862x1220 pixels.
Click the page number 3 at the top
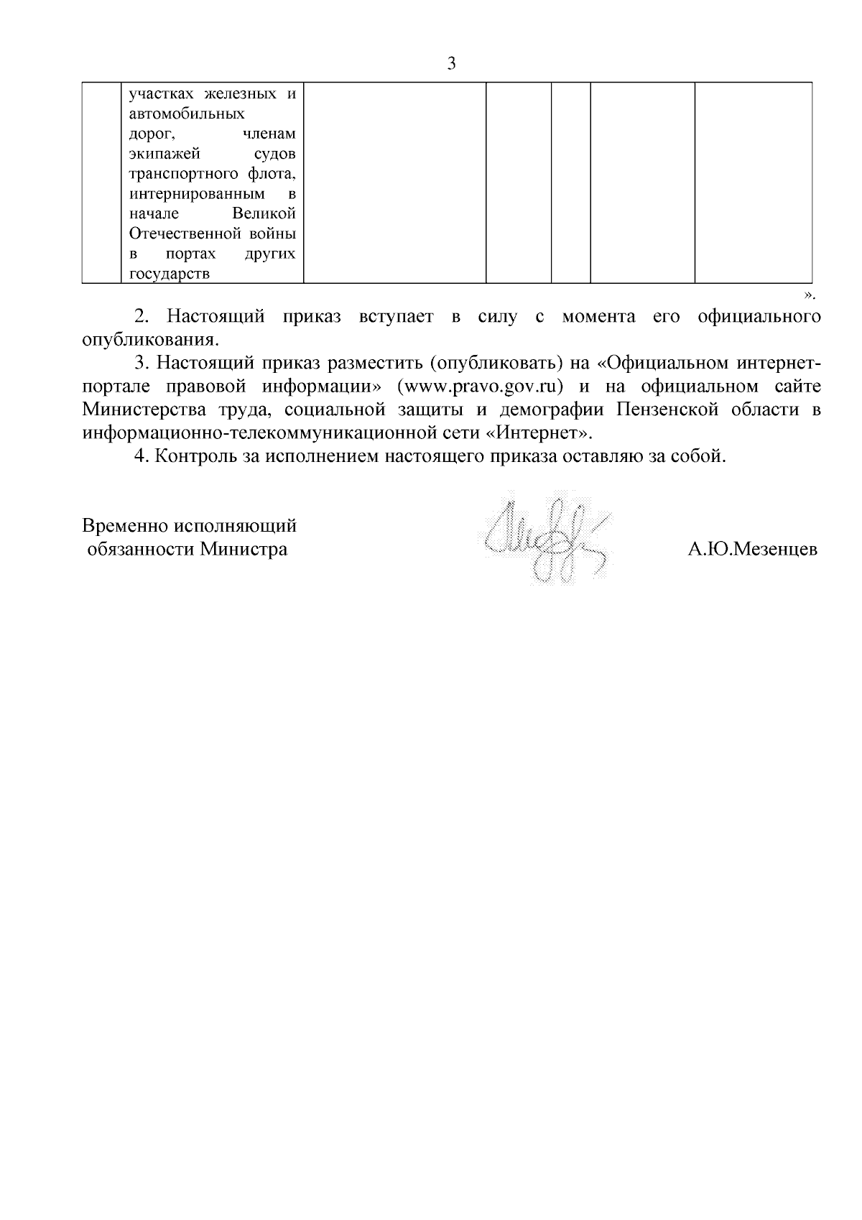451,63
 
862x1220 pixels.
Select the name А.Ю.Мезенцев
752,550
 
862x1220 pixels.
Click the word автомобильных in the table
187,114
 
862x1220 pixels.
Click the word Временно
124,526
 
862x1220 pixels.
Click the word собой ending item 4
700,457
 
